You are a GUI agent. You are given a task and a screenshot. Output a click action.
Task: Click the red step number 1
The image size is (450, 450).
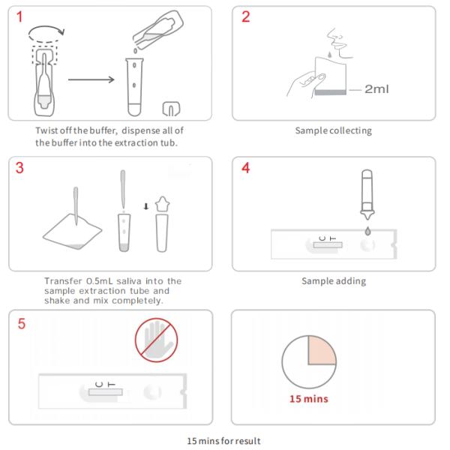19,16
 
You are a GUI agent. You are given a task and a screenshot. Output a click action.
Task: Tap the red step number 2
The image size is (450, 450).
246,16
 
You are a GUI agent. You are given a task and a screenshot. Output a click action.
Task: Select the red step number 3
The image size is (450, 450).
19,168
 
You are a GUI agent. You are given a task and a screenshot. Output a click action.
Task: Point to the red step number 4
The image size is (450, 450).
246,168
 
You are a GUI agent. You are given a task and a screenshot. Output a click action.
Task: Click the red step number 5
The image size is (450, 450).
22,324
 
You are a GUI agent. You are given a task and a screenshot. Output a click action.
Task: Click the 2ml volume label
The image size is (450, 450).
376,89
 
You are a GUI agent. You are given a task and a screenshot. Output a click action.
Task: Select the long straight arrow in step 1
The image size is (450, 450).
91,79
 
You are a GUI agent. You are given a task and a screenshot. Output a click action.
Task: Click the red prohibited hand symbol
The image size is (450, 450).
157,340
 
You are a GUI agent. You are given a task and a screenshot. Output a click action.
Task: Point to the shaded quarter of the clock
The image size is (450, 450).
320,351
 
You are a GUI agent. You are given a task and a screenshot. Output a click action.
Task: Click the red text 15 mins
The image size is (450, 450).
309,399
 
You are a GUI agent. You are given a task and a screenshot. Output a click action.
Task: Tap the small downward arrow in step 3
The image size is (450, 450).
146,206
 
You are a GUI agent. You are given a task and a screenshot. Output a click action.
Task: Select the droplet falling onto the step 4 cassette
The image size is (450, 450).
367,231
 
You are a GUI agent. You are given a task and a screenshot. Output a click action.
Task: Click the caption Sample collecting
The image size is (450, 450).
334,130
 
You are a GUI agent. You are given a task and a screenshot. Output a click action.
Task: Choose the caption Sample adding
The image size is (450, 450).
334,281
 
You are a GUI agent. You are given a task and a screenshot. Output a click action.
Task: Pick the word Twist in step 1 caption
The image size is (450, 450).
46,130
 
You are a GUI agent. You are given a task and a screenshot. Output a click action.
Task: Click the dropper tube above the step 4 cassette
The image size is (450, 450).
367,194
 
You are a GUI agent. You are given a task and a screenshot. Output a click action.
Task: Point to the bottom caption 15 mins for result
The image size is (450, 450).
223,441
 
